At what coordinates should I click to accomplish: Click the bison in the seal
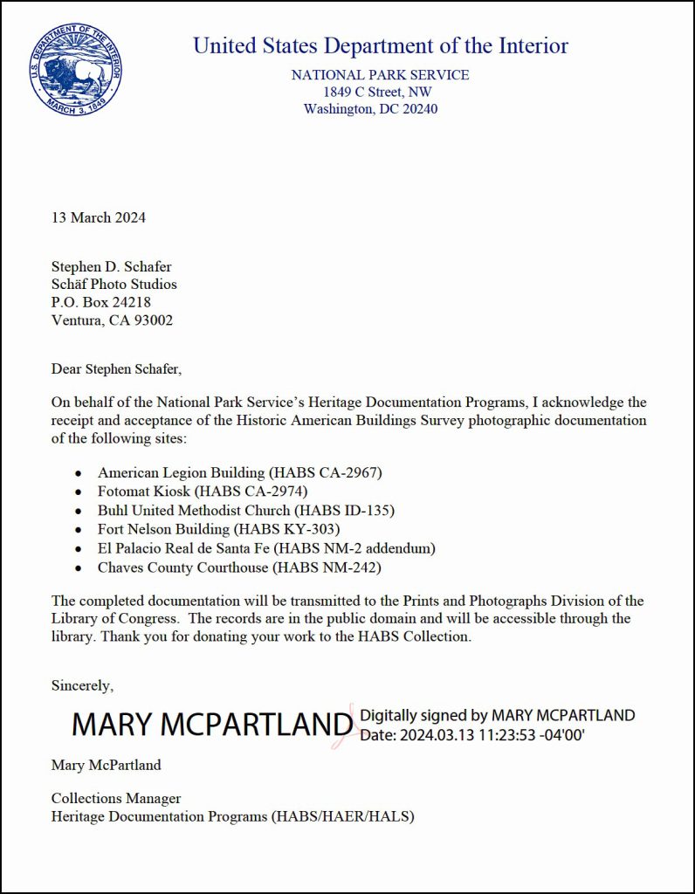73,72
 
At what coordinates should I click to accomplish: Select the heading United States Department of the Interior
380,45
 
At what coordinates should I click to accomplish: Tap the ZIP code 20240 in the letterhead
418,109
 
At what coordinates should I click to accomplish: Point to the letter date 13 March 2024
99,217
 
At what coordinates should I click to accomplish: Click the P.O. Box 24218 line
101,302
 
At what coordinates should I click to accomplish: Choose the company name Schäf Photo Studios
114,285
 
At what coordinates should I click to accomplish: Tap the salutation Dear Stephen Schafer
116,368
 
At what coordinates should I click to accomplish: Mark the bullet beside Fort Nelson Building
79,530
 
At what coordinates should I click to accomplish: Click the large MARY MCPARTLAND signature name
212,724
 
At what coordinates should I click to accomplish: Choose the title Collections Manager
116,798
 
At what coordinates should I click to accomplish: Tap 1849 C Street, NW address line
377,92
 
